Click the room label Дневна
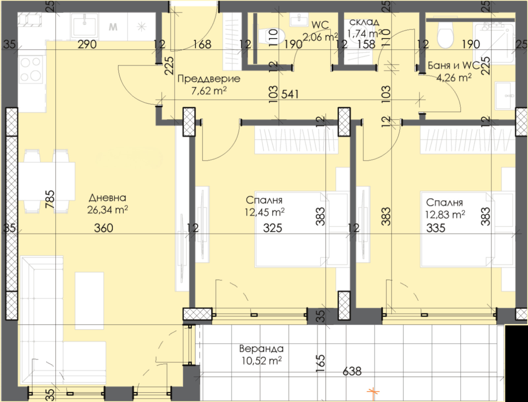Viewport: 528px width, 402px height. pyautogui.click(x=107, y=198)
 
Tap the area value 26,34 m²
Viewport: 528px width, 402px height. pyautogui.click(x=107, y=210)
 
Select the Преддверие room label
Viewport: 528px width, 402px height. pyautogui.click(x=209, y=79)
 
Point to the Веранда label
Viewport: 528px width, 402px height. pyautogui.click(x=261, y=348)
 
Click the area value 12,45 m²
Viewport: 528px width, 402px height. pyautogui.click(x=265, y=212)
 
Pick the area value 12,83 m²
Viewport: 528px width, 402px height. pyautogui.click(x=445, y=214)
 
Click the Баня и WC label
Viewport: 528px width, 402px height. pyautogui.click(x=453, y=65)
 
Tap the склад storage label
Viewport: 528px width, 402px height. pyautogui.click(x=364, y=22)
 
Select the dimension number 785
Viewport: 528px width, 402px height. pyautogui.click(x=50, y=199)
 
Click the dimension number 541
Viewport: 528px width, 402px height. pyautogui.click(x=290, y=94)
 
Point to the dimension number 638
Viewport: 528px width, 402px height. pyautogui.click(x=352, y=371)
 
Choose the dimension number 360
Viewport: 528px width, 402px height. pyautogui.click(x=103, y=228)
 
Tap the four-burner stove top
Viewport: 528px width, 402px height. pyautogui.click(x=31, y=70)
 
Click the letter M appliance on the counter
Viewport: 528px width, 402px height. pyautogui.click(x=113, y=27)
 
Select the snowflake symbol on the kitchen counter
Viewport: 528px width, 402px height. pyautogui.click(x=142, y=26)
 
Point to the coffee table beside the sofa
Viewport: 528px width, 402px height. pyautogui.click(x=89, y=301)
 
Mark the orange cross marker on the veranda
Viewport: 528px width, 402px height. pyautogui.click(x=373, y=392)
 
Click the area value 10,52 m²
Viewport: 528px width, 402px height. pyautogui.click(x=261, y=361)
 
